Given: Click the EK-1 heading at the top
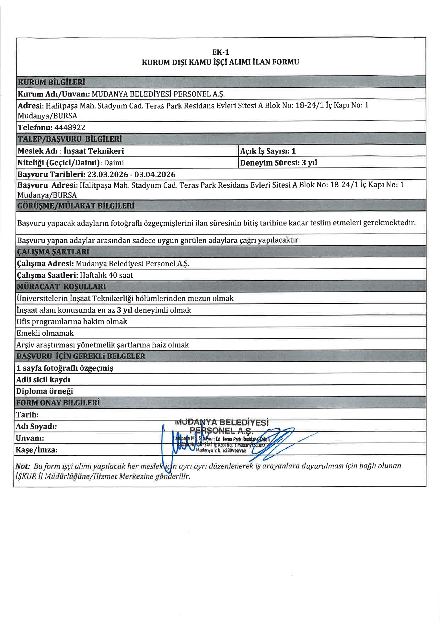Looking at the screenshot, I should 221,52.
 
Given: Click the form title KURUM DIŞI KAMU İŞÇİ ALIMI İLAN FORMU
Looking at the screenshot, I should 220,62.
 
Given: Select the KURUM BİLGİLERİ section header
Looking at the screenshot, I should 52,82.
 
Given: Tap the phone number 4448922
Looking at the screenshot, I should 70,127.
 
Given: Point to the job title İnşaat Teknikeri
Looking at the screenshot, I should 94,151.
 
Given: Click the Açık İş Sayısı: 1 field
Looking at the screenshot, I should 268,151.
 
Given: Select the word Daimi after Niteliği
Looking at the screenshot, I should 114,163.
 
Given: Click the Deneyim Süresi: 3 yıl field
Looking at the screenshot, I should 278,163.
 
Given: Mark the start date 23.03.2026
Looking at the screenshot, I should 108,174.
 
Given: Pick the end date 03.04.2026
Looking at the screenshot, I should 155,174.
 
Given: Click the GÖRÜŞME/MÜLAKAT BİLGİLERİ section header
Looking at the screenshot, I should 76,206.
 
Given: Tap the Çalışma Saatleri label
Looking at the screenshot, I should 47,275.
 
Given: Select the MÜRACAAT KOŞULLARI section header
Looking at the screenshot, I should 61,286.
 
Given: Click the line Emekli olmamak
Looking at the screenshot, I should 45,333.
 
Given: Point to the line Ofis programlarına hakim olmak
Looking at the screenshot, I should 72,321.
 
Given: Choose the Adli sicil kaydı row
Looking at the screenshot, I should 43,379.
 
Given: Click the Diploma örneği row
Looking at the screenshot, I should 45,391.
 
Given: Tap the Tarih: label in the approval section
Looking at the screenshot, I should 27,415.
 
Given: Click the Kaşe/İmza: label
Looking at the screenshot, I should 36,450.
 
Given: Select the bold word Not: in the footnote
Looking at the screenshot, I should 23,466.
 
